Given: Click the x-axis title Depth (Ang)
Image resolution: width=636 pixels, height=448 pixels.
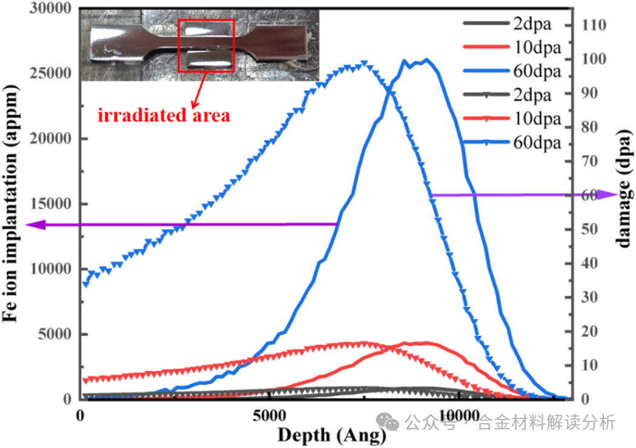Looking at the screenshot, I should (331, 435).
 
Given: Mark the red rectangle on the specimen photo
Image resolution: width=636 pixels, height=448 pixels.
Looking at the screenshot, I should (206, 45).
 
